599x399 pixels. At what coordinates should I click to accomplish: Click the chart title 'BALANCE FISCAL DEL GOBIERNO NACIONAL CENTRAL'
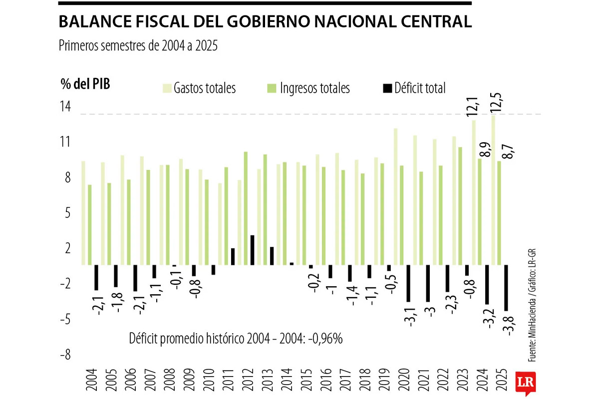265,22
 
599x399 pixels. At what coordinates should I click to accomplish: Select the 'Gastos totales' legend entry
204,89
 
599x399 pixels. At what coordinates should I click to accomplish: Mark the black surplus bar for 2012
253,250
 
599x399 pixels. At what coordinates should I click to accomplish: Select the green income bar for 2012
246,208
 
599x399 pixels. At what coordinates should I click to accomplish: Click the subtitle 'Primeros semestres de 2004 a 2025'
139,46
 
